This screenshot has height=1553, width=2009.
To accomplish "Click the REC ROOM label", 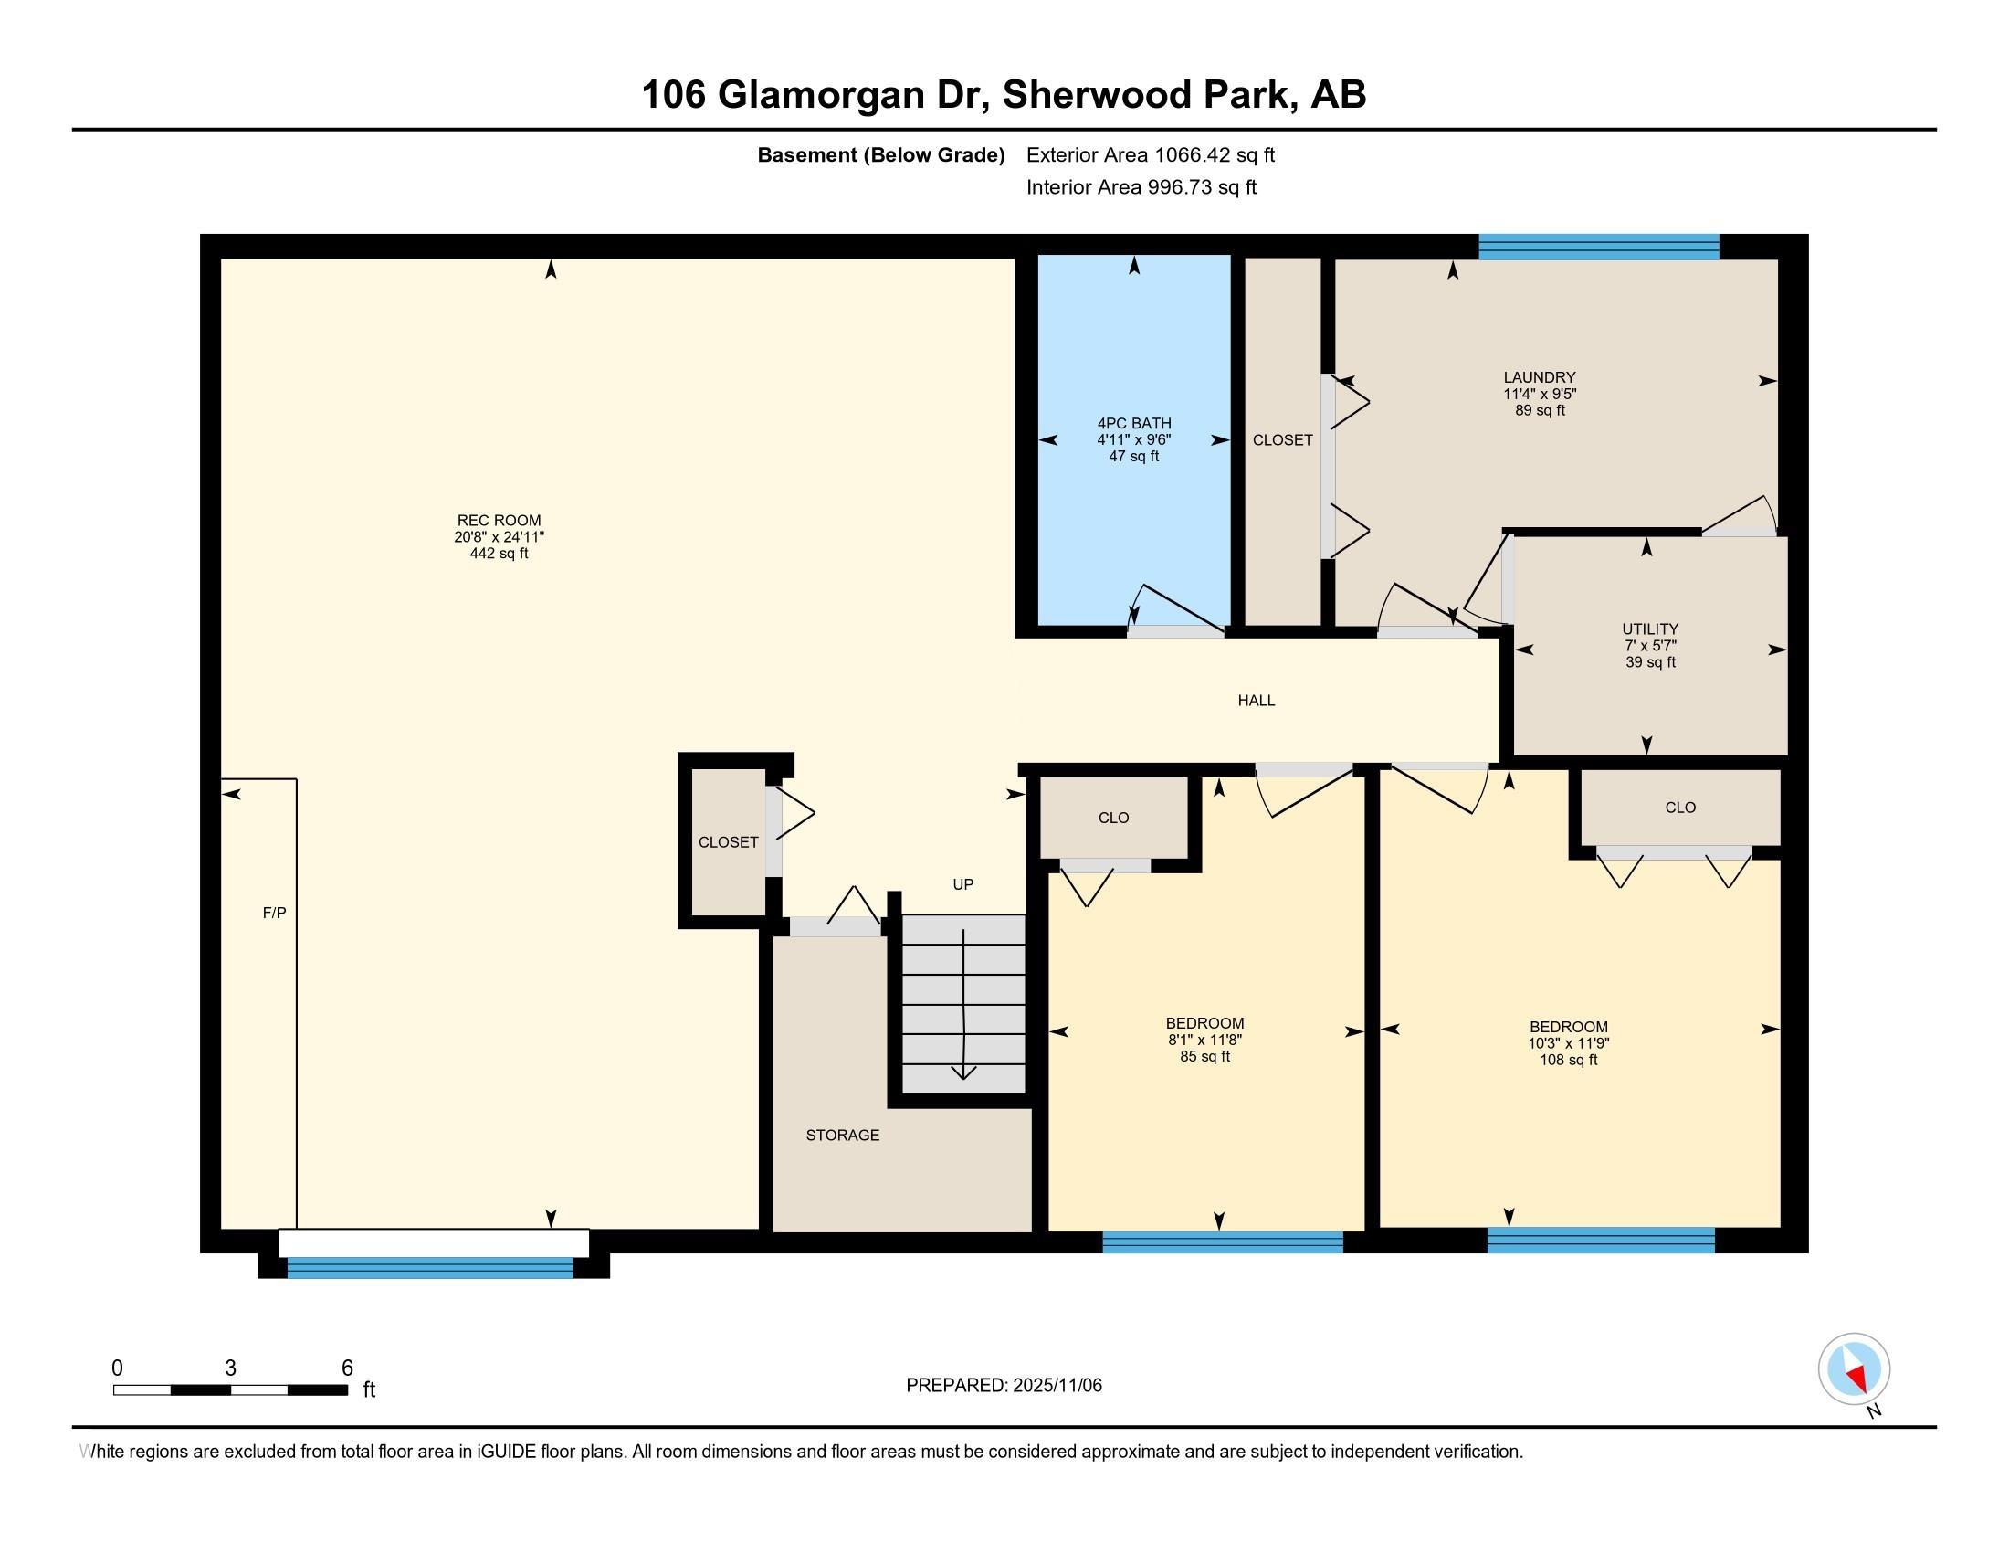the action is pyautogui.click(x=499, y=521).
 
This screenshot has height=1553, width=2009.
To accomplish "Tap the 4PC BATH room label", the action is pyautogui.click(x=1134, y=423).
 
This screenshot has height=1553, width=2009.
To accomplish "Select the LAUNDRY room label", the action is pyautogui.click(x=1540, y=377).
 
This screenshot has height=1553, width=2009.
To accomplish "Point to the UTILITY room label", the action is pyautogui.click(x=1650, y=629).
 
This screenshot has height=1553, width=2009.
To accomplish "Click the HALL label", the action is pyautogui.click(x=1257, y=700).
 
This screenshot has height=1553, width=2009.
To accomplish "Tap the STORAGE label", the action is pyautogui.click(x=843, y=1136).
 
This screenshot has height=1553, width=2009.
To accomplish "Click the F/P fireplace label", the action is pyautogui.click(x=274, y=913).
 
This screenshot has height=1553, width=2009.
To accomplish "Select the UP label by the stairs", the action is pyautogui.click(x=963, y=884).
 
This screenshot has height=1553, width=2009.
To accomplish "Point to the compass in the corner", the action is pyautogui.click(x=1854, y=1370).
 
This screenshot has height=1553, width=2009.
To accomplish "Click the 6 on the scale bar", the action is pyautogui.click(x=347, y=1368).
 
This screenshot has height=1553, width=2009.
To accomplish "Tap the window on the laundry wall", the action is pyautogui.click(x=1599, y=247).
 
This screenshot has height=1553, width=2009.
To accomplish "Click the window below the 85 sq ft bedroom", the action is pyautogui.click(x=1223, y=1242).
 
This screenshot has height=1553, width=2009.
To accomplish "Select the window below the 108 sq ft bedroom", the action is pyautogui.click(x=1601, y=1241).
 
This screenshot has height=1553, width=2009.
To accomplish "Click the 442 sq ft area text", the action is pyautogui.click(x=499, y=554).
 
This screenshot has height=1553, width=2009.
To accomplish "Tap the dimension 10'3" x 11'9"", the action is pyautogui.click(x=1568, y=1043).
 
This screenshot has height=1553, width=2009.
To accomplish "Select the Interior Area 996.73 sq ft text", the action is pyautogui.click(x=1141, y=187).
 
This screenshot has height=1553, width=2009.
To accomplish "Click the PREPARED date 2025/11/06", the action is pyautogui.click(x=1056, y=1386).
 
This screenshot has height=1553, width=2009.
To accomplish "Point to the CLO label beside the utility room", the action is pyautogui.click(x=1680, y=808).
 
